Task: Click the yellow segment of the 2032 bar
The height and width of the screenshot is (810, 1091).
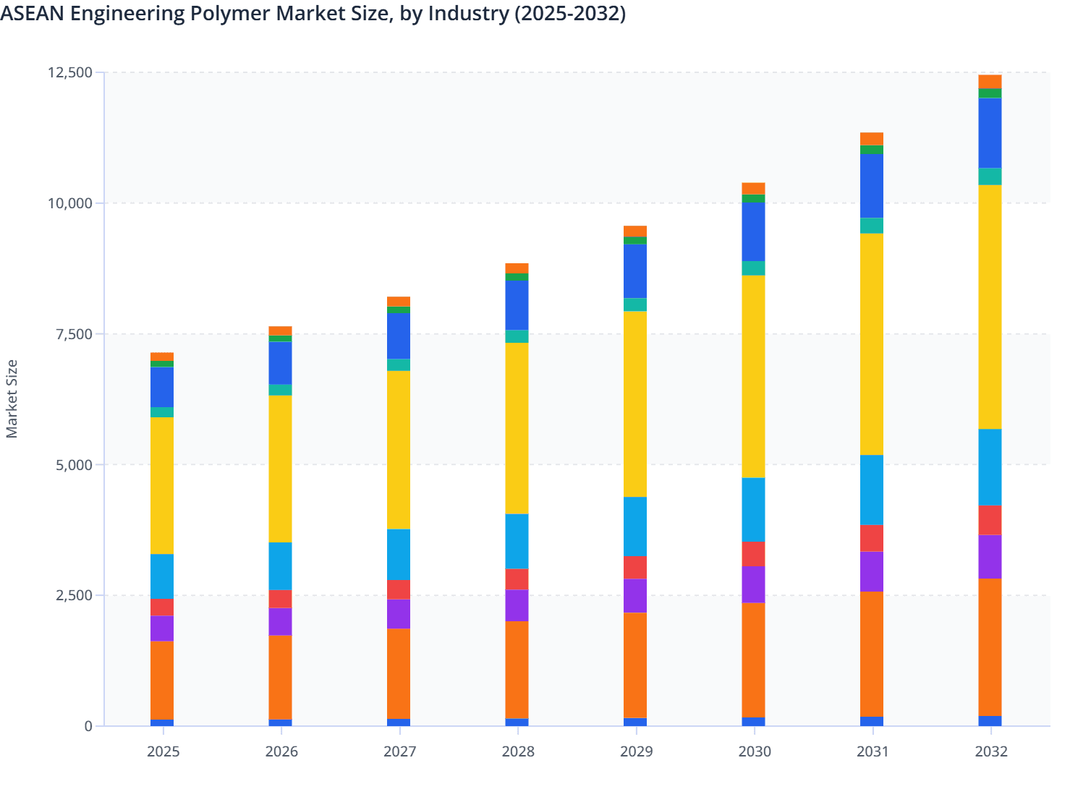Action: [990, 307]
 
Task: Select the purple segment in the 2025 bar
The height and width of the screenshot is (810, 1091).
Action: [162, 628]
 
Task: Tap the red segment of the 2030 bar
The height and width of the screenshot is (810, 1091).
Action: [753, 554]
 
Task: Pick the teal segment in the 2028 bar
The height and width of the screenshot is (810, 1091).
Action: [517, 336]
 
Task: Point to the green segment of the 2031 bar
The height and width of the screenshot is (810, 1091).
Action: [872, 150]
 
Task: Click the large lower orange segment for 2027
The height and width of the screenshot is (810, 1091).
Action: [399, 673]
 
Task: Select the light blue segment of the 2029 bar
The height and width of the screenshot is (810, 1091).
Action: [635, 526]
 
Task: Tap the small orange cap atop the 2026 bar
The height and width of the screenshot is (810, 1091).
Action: [280, 331]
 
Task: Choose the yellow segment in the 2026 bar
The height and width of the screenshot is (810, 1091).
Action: [280, 469]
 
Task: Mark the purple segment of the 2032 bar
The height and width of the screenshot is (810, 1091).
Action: [990, 556]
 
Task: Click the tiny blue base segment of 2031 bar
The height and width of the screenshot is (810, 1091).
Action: [872, 721]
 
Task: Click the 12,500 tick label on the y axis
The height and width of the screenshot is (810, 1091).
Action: [70, 72]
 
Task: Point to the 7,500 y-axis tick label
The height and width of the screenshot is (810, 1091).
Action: [75, 334]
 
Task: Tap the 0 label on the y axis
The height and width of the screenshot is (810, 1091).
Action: [88, 726]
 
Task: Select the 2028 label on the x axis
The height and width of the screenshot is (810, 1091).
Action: [518, 751]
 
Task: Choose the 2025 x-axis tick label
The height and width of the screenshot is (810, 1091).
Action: [163, 751]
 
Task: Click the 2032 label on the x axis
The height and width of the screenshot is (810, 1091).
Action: [990, 751]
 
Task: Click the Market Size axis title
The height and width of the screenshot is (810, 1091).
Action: [12, 398]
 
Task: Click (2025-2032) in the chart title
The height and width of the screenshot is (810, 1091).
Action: [569, 13]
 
